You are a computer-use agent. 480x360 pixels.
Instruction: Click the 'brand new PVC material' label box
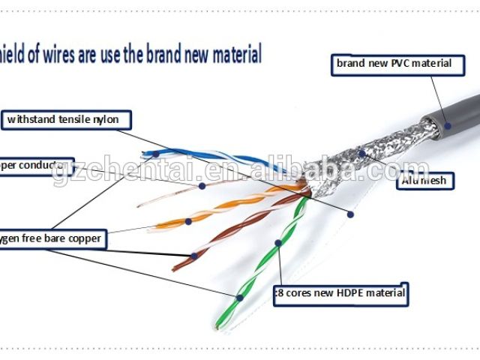coord(394,64)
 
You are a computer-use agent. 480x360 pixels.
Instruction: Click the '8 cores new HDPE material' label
coord(340,292)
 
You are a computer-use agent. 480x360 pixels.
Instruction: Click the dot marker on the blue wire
coord(155,154)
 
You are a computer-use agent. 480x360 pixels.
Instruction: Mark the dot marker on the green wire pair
coord(277,243)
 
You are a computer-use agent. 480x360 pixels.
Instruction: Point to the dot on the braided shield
coord(361,154)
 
